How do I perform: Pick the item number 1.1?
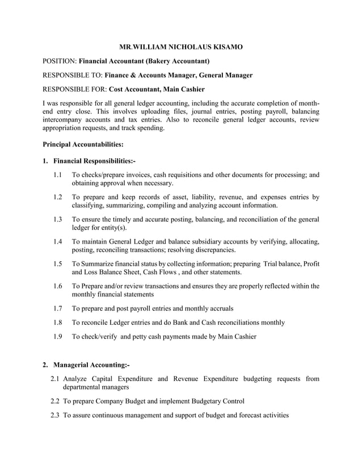point(57,175)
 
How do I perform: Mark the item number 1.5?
point(57,264)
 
